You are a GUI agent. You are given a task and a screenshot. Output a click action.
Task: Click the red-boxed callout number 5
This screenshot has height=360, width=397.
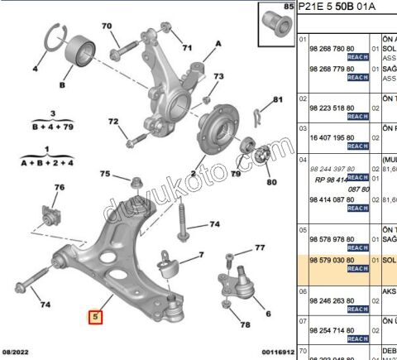point(96,316)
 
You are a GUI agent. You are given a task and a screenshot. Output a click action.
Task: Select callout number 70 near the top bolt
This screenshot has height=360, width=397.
point(107,26)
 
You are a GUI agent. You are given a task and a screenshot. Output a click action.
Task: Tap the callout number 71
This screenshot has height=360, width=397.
point(187,46)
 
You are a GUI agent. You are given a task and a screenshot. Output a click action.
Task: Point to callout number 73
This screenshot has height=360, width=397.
point(218,77)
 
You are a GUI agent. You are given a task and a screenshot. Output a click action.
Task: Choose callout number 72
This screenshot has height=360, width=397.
point(113,122)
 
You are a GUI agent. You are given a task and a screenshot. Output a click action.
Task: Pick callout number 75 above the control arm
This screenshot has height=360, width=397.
point(105,174)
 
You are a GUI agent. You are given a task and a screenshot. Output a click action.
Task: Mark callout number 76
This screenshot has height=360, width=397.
point(59,188)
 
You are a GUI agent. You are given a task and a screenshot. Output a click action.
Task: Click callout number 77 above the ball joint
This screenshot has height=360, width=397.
point(260,247)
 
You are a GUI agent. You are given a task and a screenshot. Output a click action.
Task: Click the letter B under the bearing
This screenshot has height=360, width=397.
point(61,84)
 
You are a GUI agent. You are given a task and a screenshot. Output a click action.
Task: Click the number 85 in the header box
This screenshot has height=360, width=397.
point(289,7)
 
